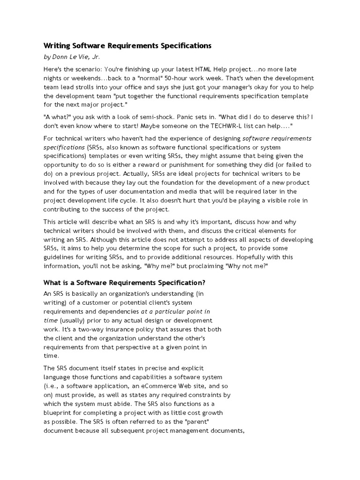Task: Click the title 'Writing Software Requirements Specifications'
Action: [x=127, y=45]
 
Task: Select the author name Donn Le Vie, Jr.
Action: [x=75, y=57]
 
